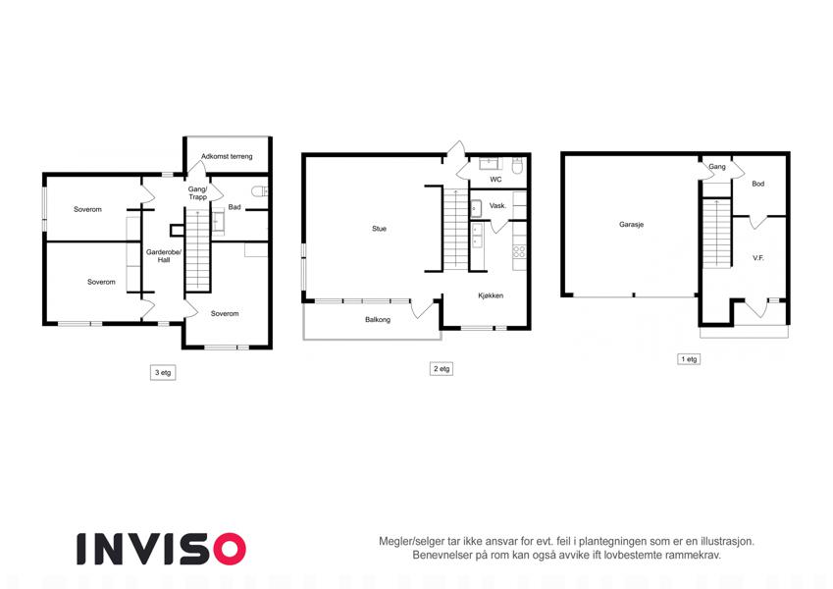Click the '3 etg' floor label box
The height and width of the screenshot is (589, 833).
click(163, 373)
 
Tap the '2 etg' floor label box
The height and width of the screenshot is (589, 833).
click(442, 368)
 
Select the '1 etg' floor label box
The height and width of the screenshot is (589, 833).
click(689, 359)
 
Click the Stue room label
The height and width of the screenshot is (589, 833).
click(380, 229)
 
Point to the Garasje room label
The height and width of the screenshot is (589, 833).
click(631, 225)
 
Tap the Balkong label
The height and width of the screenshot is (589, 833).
click(378, 319)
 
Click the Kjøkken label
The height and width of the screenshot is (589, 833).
click(491, 295)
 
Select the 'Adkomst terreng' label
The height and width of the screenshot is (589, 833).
click(227, 156)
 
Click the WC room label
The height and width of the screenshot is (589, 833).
click(495, 179)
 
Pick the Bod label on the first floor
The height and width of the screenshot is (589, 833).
click(758, 184)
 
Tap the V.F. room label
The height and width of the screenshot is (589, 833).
click(758, 258)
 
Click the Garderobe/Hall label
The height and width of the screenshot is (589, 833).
click(164, 255)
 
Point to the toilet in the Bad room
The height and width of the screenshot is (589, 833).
click(260, 191)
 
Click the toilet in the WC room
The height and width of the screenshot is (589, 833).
click(517, 166)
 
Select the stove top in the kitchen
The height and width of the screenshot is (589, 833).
click(519, 252)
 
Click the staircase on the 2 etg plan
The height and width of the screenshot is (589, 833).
click(456, 229)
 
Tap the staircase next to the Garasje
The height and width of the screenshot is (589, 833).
click(717, 233)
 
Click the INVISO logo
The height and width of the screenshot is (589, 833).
click(162, 549)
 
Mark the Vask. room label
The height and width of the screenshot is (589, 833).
click(497, 206)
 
